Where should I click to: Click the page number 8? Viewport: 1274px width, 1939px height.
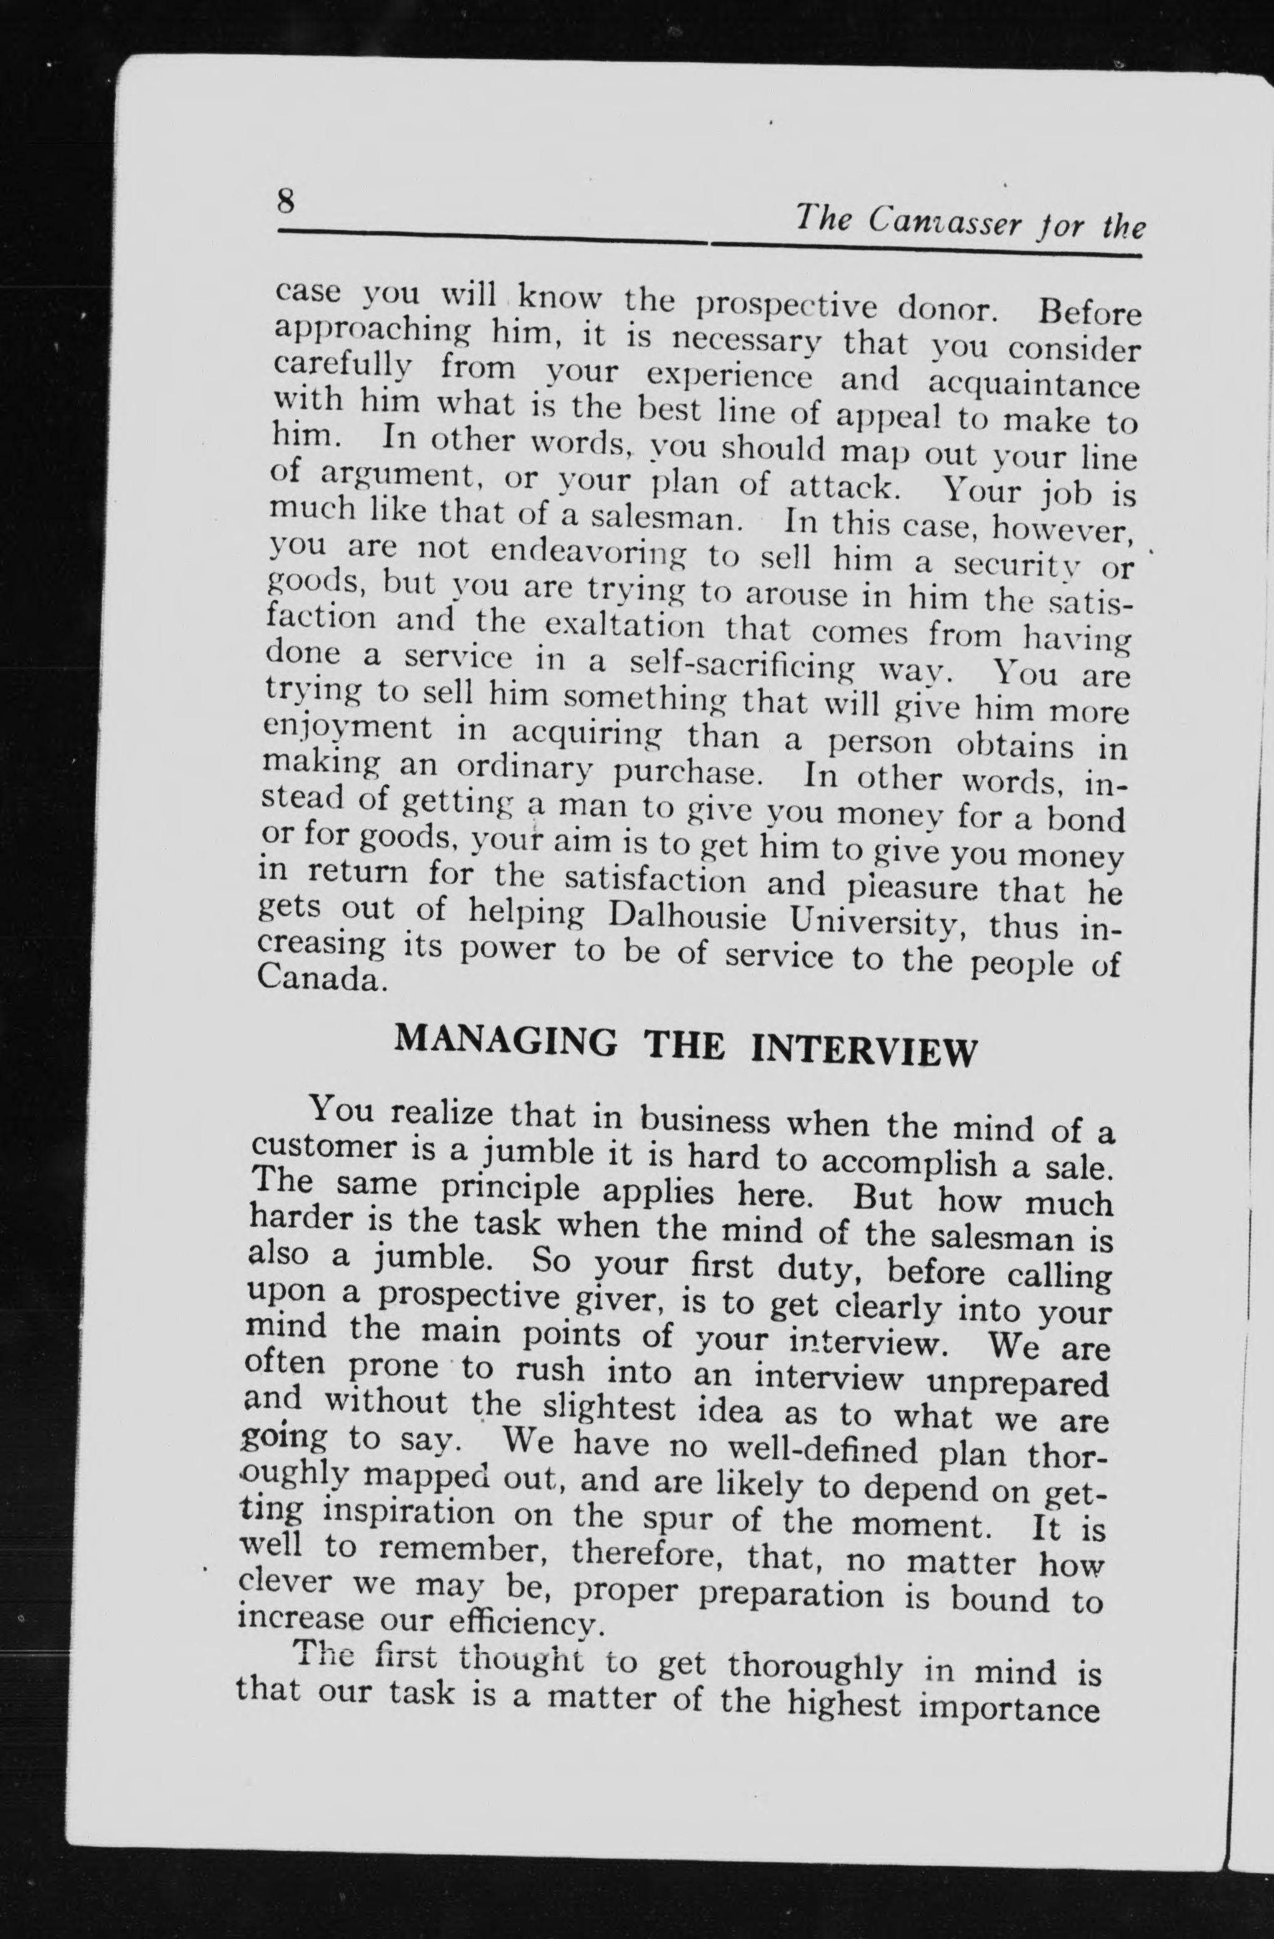pos(286,199)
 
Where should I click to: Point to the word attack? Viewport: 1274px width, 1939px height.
pos(844,489)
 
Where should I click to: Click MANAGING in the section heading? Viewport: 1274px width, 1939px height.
pos(504,1042)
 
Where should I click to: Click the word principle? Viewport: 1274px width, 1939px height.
pos(510,1190)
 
